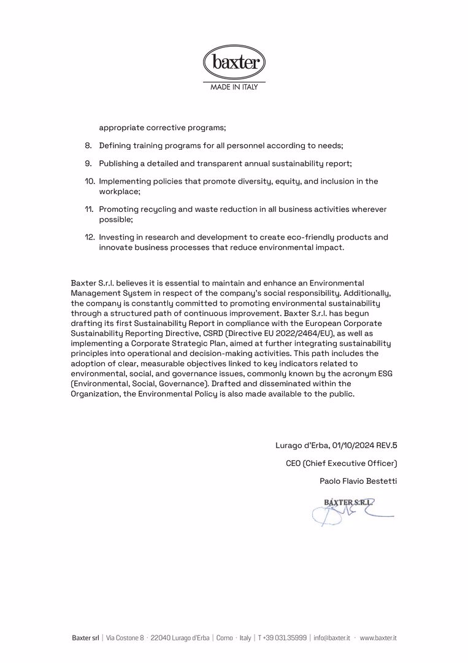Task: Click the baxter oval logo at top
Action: (234, 62)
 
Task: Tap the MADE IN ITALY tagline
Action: (234, 87)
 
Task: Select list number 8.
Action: (88, 146)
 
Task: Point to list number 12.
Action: (90, 237)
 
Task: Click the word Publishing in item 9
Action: (119, 163)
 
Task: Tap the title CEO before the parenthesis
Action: (293, 463)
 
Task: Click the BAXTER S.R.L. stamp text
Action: (348, 502)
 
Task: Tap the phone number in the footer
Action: (282, 638)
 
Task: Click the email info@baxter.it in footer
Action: (332, 638)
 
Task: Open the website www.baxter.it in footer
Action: (378, 638)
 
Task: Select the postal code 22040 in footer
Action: (160, 638)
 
